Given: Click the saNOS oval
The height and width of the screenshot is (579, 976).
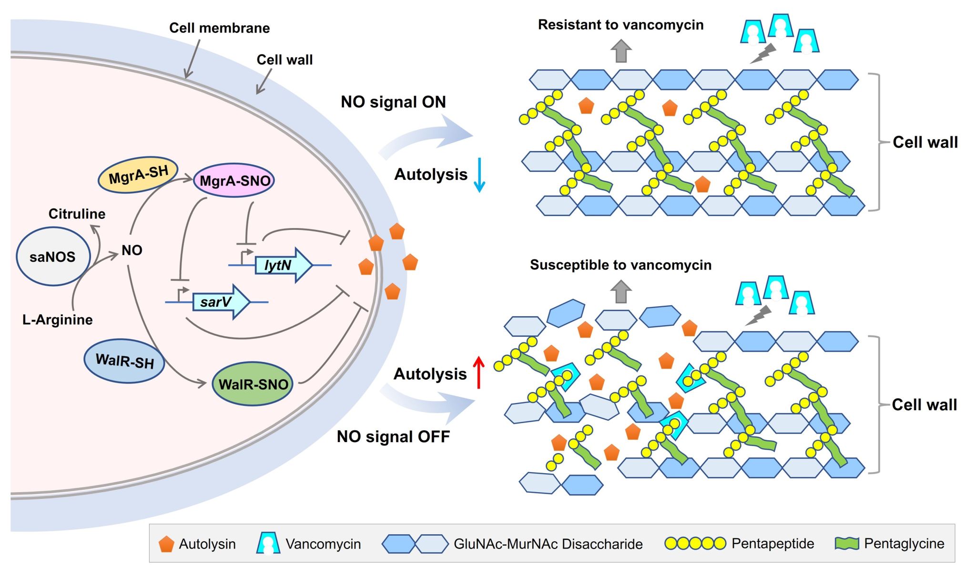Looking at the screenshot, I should pyautogui.click(x=52, y=257).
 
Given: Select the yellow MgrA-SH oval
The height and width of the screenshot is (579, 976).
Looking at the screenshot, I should pyautogui.click(x=138, y=175).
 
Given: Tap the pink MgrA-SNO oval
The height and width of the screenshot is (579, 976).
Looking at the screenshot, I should pyautogui.click(x=234, y=181).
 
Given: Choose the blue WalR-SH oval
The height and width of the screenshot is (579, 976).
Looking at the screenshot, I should pyautogui.click(x=124, y=361).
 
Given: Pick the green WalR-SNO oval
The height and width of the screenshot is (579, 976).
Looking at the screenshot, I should pyautogui.click(x=253, y=384).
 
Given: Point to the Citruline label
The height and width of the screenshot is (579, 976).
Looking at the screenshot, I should pyautogui.click(x=77, y=214).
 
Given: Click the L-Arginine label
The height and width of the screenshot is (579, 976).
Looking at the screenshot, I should pyautogui.click(x=57, y=320).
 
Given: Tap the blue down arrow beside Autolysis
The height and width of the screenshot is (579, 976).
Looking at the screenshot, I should pyautogui.click(x=479, y=175).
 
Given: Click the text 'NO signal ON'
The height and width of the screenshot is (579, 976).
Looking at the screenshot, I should pyautogui.click(x=393, y=102).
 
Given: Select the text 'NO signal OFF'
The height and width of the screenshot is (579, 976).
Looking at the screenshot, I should pyautogui.click(x=393, y=436).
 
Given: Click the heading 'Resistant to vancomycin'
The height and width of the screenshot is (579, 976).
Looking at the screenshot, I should pyautogui.click(x=620, y=25).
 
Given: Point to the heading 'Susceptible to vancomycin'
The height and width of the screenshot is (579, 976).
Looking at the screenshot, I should pyautogui.click(x=620, y=265).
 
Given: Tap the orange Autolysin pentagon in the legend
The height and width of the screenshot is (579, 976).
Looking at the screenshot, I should pyautogui.click(x=166, y=544).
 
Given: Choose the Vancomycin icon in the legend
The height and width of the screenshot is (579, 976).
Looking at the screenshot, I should pyautogui.click(x=268, y=544).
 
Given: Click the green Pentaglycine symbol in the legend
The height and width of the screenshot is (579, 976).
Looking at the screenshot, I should pyautogui.click(x=846, y=543).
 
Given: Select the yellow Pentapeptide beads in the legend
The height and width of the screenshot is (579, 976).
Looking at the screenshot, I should pyautogui.click(x=695, y=543).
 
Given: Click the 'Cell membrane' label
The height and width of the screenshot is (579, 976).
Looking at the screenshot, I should pyautogui.click(x=219, y=28).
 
